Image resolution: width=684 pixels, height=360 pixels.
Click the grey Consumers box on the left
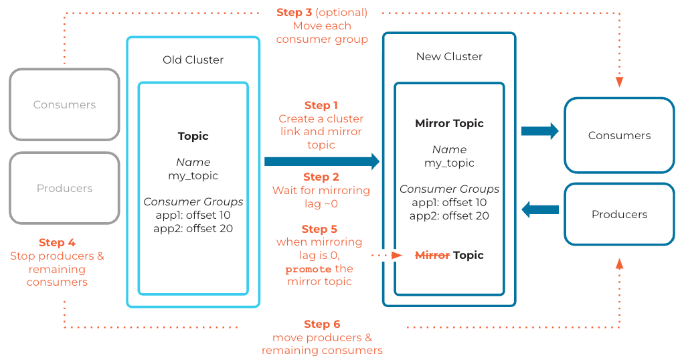tap(64, 104)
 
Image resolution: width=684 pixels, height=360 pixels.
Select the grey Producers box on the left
tap(64, 188)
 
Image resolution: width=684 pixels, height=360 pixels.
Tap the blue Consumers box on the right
tap(619, 135)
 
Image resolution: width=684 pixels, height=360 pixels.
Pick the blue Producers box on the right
tap(619, 214)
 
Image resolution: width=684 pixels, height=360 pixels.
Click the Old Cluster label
tap(193, 60)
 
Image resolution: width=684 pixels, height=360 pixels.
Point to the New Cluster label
tap(449, 56)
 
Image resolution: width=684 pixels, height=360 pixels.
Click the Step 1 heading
tap(321, 105)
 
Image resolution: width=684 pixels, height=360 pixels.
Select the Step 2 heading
tap(321, 177)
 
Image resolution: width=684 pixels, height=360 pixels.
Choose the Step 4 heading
tap(57, 242)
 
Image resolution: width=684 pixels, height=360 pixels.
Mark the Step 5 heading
tap(320, 229)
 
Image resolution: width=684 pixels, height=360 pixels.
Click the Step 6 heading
tap(322, 324)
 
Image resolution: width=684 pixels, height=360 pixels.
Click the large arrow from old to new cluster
tap(321, 161)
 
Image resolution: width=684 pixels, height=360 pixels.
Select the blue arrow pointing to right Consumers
tap(539, 130)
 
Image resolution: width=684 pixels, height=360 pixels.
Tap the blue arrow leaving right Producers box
tap(539, 209)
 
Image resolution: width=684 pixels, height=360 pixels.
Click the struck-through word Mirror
tap(432, 255)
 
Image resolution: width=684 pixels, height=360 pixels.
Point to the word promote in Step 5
tap(308, 269)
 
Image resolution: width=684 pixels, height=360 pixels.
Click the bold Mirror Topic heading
tap(449, 123)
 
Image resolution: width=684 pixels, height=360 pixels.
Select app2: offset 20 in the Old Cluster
tap(193, 228)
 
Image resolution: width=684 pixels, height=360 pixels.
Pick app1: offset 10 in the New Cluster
tap(449, 202)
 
